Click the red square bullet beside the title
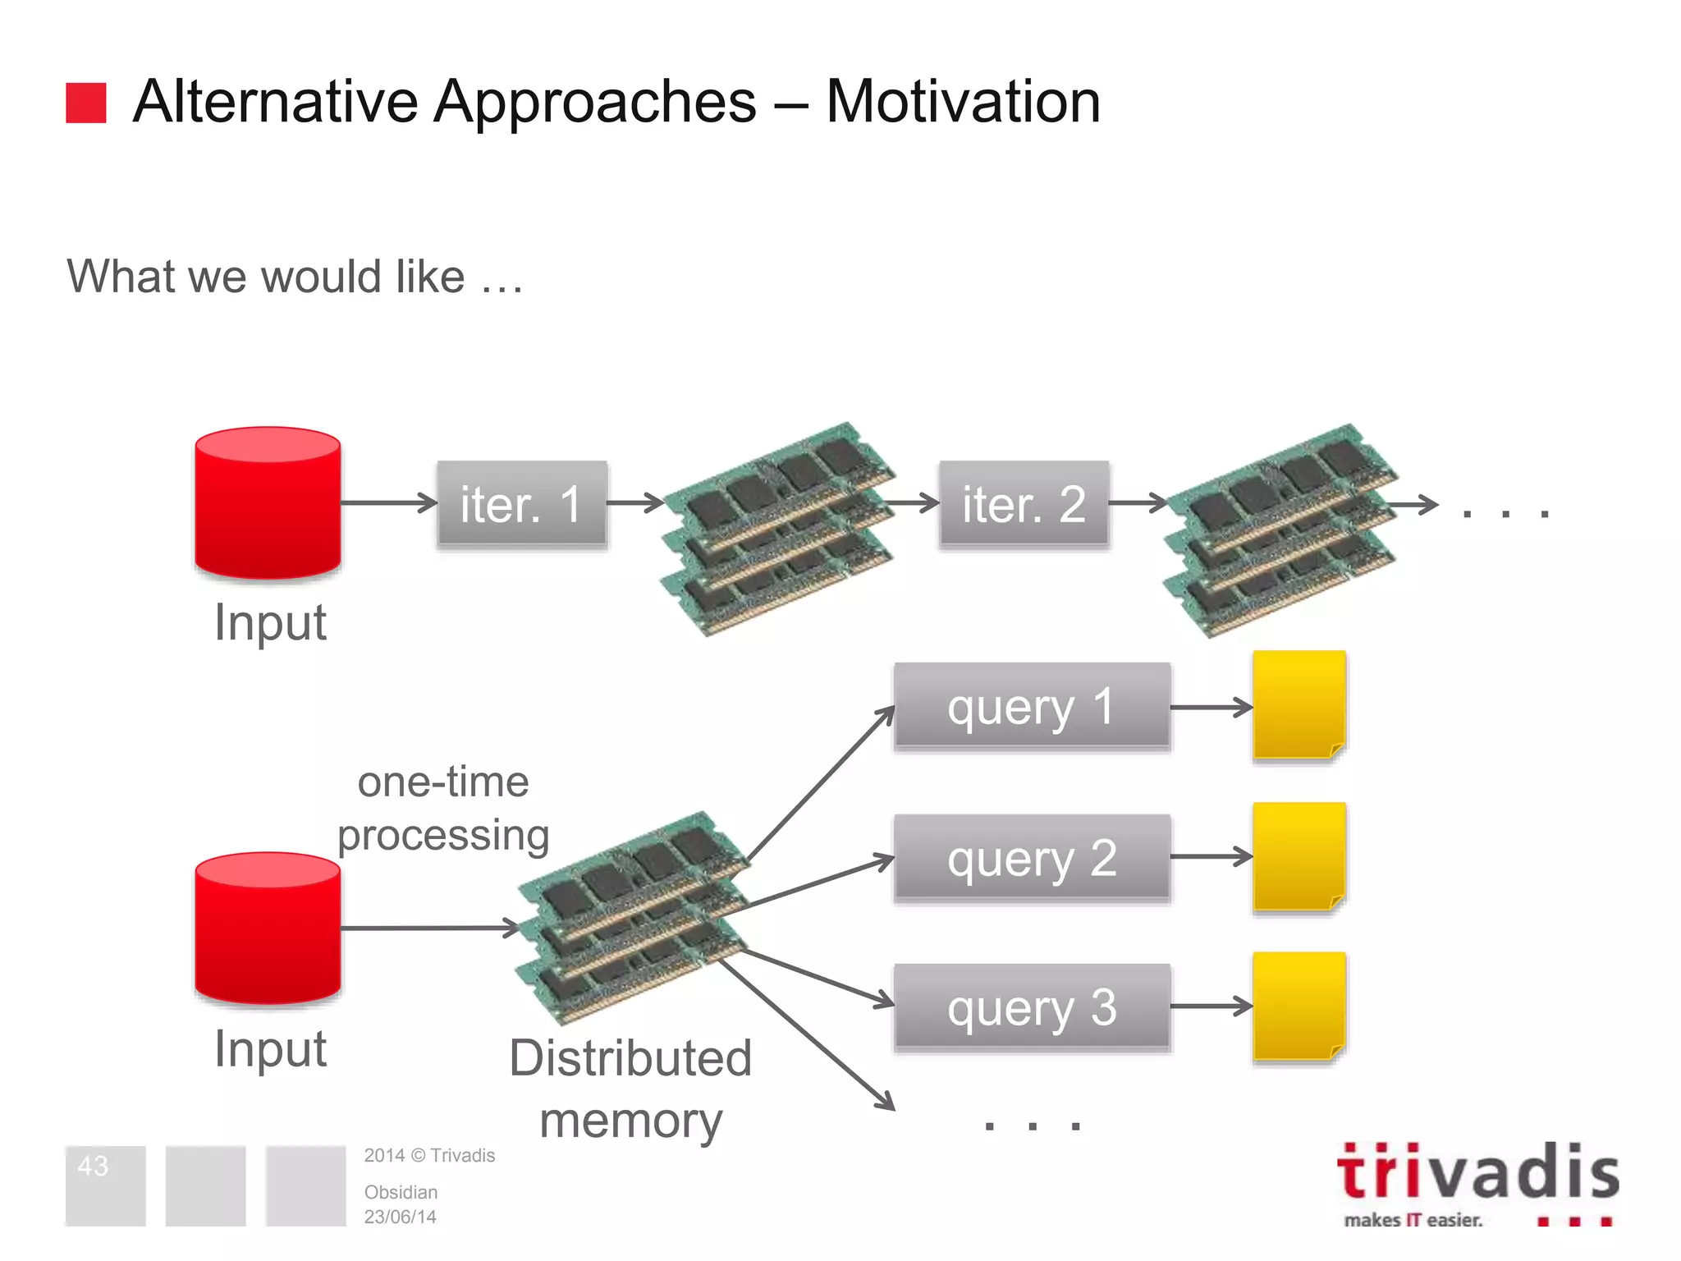(86, 103)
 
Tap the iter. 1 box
(522, 503)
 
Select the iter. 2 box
(1024, 503)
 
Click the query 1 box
(1032, 706)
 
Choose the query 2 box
(1032, 858)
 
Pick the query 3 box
(1032, 1007)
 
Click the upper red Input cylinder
(268, 502)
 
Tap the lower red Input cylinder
(268, 928)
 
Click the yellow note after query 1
(1299, 704)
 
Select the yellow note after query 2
(1299, 856)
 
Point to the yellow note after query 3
(1299, 1007)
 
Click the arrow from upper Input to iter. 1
(388, 502)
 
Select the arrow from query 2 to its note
(1211, 857)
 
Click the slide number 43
(93, 1166)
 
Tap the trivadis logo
(1477, 1182)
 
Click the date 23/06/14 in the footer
(400, 1217)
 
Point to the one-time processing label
(443, 809)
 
